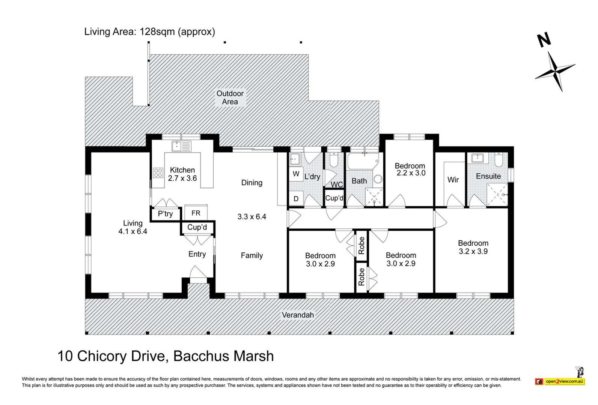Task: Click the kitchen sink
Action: click(x=181, y=146)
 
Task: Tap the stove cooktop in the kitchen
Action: click(x=158, y=172)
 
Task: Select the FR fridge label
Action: click(x=196, y=213)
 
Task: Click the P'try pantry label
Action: click(x=165, y=214)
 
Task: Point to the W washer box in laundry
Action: click(x=296, y=174)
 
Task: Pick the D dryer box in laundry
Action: click(x=296, y=198)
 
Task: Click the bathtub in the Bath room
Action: click(x=363, y=161)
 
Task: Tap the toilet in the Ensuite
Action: click(x=499, y=159)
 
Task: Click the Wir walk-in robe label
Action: click(x=453, y=180)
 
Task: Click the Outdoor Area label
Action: click(x=230, y=97)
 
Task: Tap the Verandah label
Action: click(x=298, y=315)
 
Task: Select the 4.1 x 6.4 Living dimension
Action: click(x=133, y=231)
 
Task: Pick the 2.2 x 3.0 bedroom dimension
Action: click(x=411, y=173)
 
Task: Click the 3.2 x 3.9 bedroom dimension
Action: click(x=473, y=251)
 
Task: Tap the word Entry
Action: click(x=197, y=254)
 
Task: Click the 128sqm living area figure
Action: click(x=157, y=32)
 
